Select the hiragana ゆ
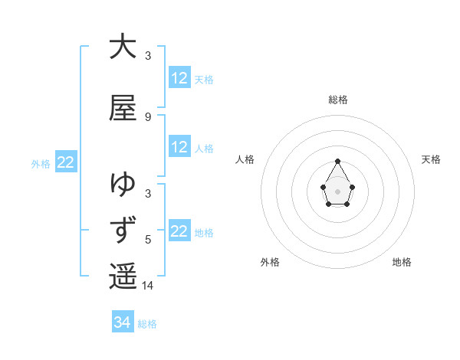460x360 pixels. click(123, 184)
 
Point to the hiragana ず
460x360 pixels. click(123, 230)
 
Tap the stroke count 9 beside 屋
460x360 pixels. click(148, 116)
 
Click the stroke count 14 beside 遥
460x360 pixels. click(148, 285)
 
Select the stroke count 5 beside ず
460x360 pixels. click(148, 239)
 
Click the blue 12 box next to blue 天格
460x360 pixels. click(179, 78)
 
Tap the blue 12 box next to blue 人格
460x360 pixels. click(179, 147)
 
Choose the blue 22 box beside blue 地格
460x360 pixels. click(179, 231)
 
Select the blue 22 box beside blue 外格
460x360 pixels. click(66, 162)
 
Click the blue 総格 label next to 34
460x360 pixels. click(147, 324)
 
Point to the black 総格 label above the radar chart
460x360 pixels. click(338, 100)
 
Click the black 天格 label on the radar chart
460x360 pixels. click(432, 159)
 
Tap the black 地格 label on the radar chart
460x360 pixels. click(402, 262)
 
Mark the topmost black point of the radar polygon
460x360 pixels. click(338, 161)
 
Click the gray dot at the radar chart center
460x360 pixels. click(338, 191)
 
